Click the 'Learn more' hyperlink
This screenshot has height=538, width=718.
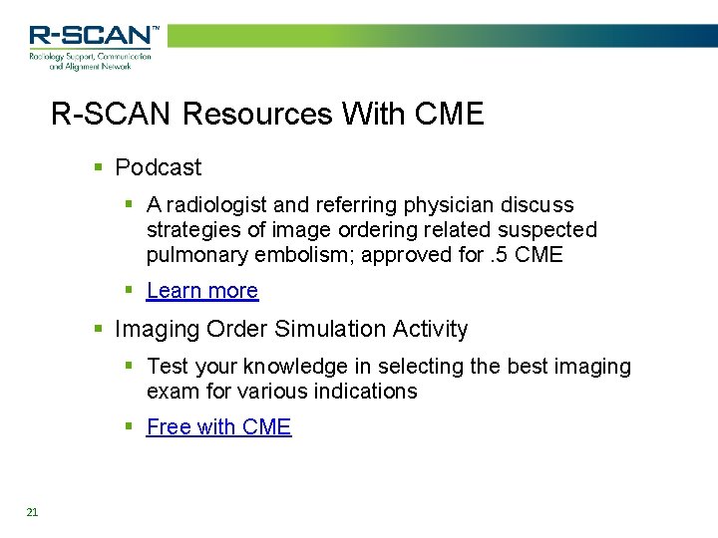point(201,291)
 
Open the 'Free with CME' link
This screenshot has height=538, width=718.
point(218,427)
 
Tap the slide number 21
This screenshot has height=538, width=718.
point(32,512)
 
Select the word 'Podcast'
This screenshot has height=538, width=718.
point(158,167)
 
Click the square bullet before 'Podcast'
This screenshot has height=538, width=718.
point(97,167)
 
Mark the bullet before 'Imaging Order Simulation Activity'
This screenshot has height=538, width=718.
point(97,329)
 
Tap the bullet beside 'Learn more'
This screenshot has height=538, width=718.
point(129,291)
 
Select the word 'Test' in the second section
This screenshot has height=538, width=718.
point(165,367)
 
